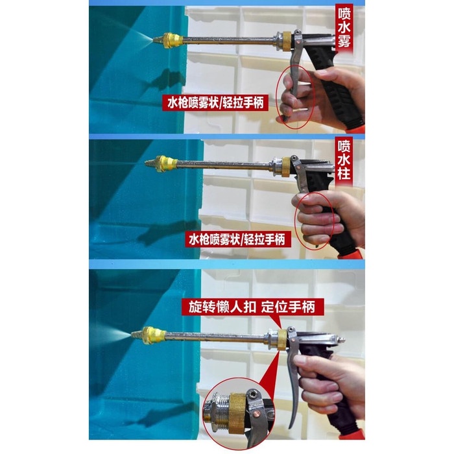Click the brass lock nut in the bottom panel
(x=281, y=337)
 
